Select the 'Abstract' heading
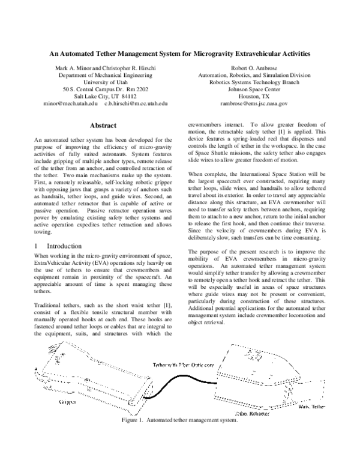coord(102,126)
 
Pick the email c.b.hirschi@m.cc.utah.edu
coord(136,103)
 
